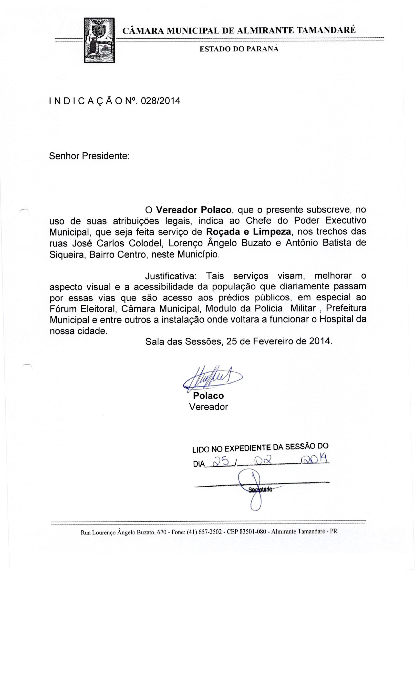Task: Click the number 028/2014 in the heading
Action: pyautogui.click(x=161, y=101)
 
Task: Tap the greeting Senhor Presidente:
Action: pyautogui.click(x=89, y=156)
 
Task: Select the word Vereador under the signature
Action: pyautogui.click(x=208, y=407)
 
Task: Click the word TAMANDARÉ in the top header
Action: pyautogui.click(x=326, y=30)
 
